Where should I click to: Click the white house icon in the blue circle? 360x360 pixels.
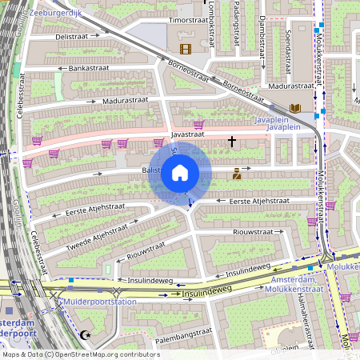180,173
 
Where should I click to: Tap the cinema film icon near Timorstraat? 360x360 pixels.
186,49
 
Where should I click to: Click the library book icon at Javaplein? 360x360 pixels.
295,107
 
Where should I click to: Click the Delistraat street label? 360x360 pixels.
71,36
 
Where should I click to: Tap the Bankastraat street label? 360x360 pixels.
88,69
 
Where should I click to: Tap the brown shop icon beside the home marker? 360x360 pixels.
236,174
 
